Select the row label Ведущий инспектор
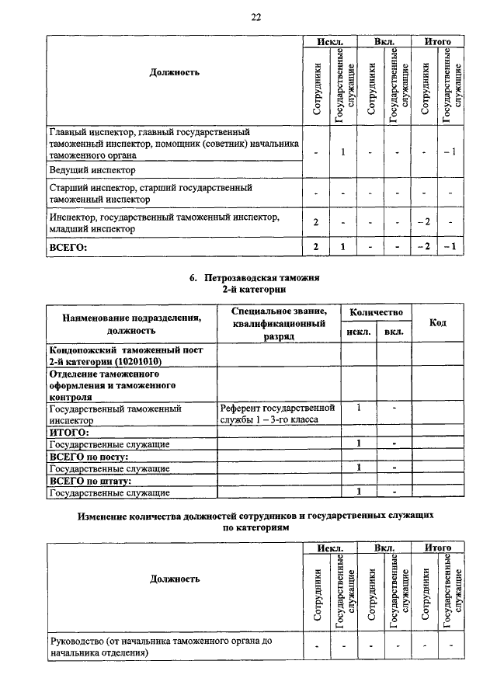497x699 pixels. click(x=92, y=169)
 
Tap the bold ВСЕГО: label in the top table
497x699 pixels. click(x=68, y=248)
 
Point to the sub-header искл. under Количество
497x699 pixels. click(x=359, y=333)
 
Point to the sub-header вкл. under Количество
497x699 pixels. click(x=394, y=333)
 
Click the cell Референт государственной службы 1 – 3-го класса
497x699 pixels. click(x=276, y=413)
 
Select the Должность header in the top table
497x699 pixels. click(x=174, y=72)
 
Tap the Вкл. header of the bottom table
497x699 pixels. click(x=384, y=548)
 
